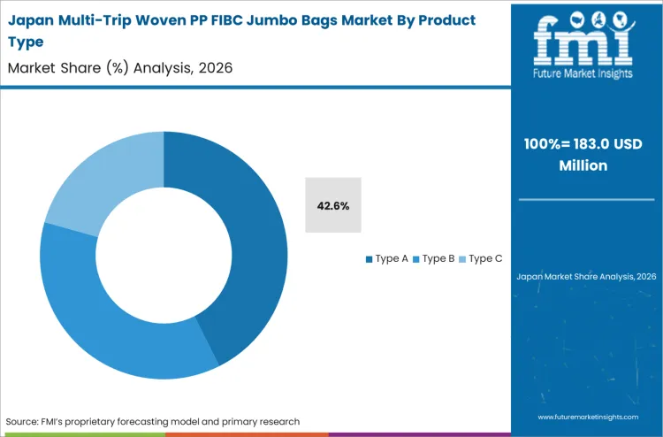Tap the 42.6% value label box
(333, 205)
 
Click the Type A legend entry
(387, 258)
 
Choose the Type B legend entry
(433, 258)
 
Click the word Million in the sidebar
(585, 165)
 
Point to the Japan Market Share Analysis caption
(585, 277)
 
